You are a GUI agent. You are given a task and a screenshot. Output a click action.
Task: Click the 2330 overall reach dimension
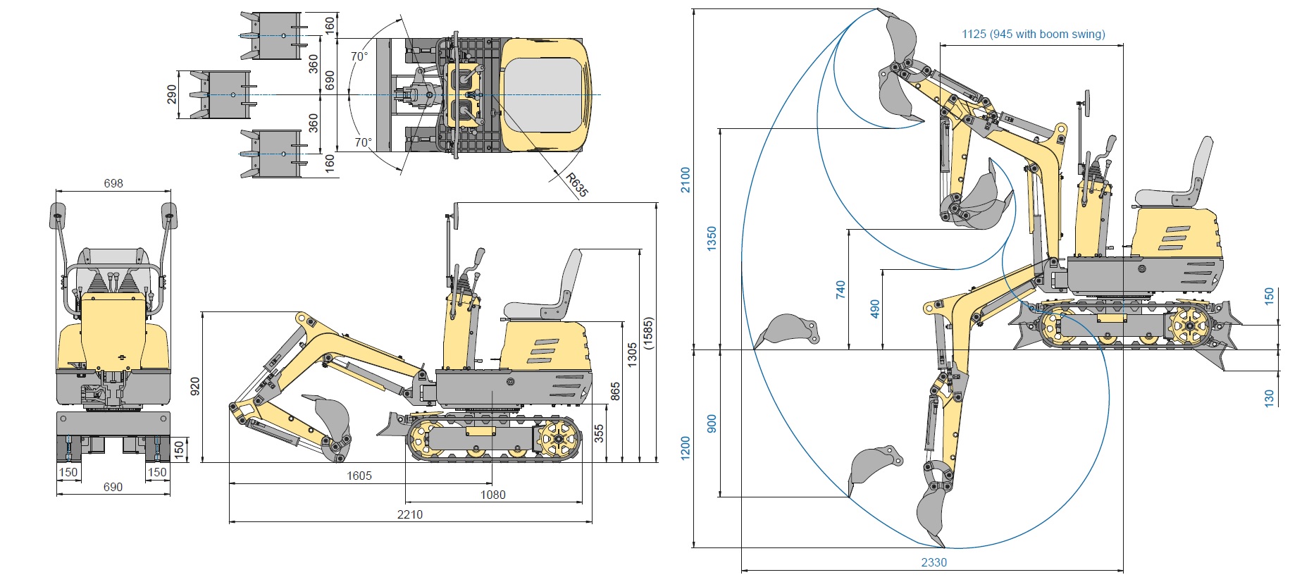coord(934,562)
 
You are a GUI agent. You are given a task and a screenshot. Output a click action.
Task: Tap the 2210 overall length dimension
coord(410,514)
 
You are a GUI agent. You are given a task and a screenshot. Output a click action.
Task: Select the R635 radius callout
coord(576,184)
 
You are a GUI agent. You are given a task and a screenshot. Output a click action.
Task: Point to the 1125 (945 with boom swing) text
coord(1033,34)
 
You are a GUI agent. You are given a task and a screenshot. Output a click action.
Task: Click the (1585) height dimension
coord(648,333)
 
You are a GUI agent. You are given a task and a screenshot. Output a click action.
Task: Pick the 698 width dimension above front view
coord(113,183)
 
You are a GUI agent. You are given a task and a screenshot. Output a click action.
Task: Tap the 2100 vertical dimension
coord(686,180)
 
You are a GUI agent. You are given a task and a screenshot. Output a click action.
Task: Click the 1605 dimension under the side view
coord(359,476)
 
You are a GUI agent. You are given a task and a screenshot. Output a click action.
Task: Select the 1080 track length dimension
coord(493,495)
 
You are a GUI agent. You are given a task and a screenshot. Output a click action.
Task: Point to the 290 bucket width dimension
coord(172,94)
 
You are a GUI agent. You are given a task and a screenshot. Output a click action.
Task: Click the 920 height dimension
coord(195,386)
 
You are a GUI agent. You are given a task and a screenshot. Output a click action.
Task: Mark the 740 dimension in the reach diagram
coord(841,290)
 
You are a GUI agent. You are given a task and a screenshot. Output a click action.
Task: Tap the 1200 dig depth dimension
coord(686,448)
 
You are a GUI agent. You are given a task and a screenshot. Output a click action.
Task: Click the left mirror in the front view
coord(57,216)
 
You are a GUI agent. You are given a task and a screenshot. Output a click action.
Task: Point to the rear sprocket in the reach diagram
coord(1189,326)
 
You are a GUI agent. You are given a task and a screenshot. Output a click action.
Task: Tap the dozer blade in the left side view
coord(392,425)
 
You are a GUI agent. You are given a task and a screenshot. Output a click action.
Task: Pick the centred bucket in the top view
coord(221,94)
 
